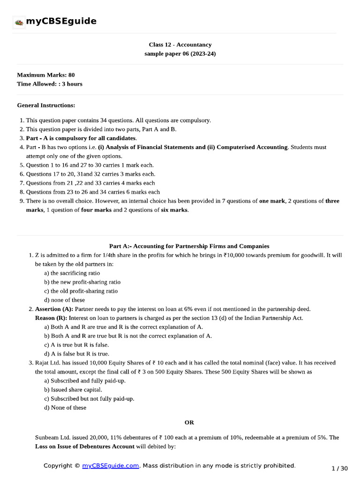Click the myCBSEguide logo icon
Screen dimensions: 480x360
(19, 22)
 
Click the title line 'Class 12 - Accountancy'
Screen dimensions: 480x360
(180, 45)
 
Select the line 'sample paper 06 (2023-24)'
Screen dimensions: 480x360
(180, 54)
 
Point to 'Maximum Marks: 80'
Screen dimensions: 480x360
(45, 75)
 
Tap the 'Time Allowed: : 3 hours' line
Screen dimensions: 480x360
(49, 84)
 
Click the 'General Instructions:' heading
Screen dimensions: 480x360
(46, 105)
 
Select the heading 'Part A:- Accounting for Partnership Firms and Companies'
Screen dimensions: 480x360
(189, 246)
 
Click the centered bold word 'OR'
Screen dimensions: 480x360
(189, 422)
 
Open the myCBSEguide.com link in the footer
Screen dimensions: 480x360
(111, 465)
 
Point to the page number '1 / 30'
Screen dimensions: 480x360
(339, 468)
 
